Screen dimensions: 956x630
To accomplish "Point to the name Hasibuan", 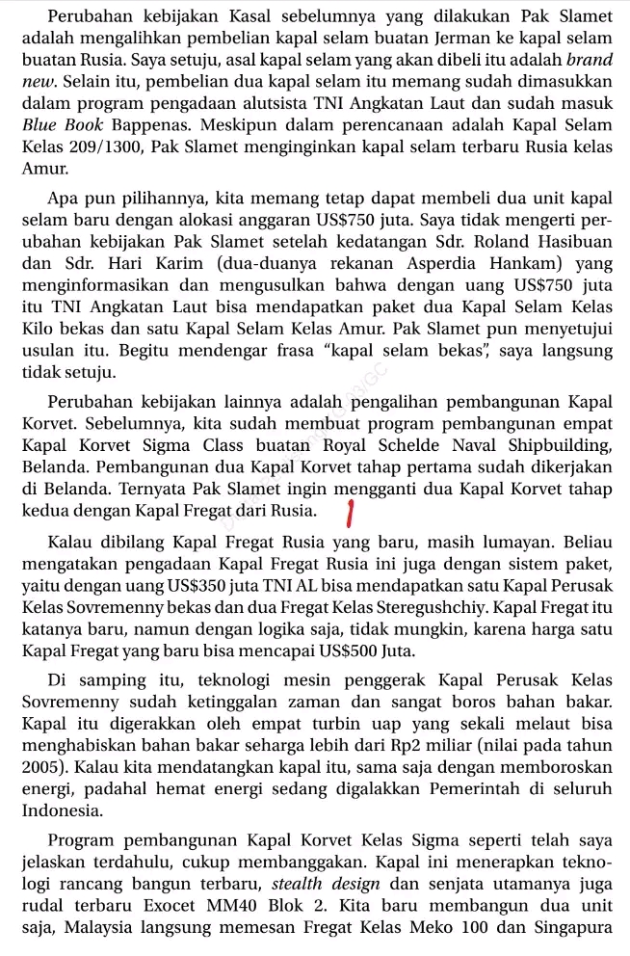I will pyautogui.click(x=564, y=241).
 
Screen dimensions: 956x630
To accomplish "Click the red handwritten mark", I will pyautogui.click(x=352, y=514).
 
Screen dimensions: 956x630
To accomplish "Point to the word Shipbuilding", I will pyautogui.click(x=557, y=444).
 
